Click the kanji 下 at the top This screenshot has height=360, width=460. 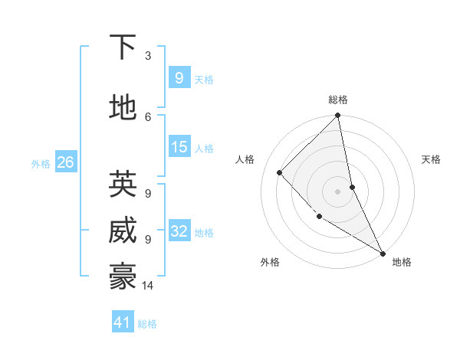pos(123,48)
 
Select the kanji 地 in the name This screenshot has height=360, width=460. pos(123,110)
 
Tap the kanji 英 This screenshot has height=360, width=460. pos(123,185)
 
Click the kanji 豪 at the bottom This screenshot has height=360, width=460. pos(123,278)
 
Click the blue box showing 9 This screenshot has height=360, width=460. pos(179,78)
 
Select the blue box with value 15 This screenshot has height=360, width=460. pos(179,147)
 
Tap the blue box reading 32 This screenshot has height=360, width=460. pos(179,231)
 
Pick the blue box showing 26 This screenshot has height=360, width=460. pos(65,162)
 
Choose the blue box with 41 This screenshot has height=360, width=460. pos(123,322)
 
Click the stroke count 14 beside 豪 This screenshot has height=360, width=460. pos(148,286)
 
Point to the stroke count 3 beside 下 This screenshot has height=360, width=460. pos(148,56)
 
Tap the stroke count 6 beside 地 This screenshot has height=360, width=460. pos(148,116)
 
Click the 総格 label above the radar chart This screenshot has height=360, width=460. pos(338,100)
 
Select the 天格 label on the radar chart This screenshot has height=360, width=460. pos(432,159)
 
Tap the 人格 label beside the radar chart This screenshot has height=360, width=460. pos(245,159)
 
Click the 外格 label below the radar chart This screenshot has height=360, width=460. pos(270,263)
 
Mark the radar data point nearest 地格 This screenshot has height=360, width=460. pos(383,253)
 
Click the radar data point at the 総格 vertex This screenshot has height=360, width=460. pos(338,116)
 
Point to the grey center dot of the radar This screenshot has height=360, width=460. pos(338,191)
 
